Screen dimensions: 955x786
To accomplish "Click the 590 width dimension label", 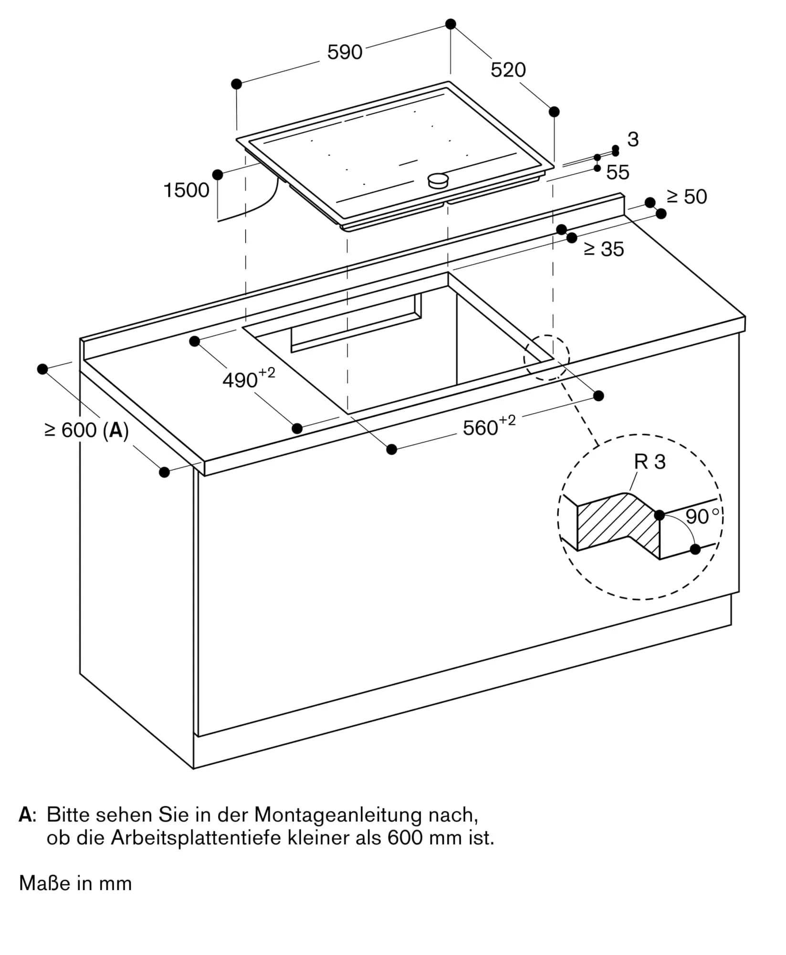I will (x=345, y=52).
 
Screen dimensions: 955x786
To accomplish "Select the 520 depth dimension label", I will (x=508, y=70).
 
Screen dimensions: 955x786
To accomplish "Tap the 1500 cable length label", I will (x=186, y=190).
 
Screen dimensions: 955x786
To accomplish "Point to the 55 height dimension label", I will (x=618, y=172).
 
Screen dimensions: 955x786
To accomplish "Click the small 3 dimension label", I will (x=633, y=139).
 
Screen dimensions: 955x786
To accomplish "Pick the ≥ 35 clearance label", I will (x=604, y=249).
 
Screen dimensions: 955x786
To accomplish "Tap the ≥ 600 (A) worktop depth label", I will (x=86, y=430).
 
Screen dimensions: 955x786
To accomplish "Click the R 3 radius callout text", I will (x=650, y=462).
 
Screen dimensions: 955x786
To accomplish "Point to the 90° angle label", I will (x=702, y=517).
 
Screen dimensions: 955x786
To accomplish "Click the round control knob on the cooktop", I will (x=438, y=180).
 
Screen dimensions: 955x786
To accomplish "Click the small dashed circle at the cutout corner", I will (x=546, y=358).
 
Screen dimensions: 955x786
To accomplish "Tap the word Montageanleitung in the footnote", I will (x=338, y=815).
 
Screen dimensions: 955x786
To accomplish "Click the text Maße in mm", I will (x=75, y=883).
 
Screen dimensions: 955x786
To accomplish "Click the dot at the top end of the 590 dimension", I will (x=451, y=24).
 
